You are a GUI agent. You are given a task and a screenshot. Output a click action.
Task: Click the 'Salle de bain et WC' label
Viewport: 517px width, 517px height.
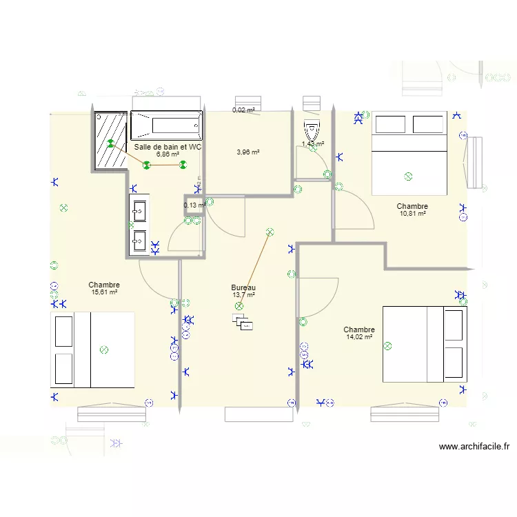(x=168, y=147)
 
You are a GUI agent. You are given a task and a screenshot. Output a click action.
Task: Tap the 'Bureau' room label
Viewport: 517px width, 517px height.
(x=243, y=287)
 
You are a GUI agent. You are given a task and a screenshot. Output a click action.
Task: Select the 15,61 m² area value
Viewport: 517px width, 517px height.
(x=104, y=292)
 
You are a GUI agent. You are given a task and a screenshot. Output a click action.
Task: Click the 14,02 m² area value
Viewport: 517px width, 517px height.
(x=358, y=337)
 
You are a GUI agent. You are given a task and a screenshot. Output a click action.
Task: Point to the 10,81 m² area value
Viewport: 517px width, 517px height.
(x=412, y=214)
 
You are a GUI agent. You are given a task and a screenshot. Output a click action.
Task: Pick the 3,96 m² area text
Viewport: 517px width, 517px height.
(x=247, y=152)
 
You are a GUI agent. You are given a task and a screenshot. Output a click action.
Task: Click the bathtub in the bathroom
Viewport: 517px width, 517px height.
(x=166, y=125)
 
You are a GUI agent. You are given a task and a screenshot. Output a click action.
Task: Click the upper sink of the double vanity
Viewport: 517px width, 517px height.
(x=139, y=210)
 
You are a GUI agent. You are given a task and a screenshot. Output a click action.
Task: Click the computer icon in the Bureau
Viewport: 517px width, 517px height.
(x=243, y=322)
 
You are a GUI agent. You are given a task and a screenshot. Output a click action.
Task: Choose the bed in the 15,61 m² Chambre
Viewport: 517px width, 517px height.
(x=92, y=350)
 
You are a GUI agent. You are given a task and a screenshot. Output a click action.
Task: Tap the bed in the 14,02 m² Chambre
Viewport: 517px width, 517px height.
(x=425, y=344)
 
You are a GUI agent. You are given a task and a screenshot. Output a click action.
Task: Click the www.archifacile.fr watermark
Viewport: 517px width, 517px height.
(x=474, y=447)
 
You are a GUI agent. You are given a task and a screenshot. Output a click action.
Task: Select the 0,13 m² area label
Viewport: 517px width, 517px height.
(x=194, y=205)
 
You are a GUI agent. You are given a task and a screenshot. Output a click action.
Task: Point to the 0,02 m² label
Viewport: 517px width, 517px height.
(x=243, y=110)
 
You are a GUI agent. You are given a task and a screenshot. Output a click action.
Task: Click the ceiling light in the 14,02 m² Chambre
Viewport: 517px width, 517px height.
(x=387, y=345)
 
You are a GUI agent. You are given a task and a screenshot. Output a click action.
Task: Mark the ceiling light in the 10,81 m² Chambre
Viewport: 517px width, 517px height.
(x=407, y=176)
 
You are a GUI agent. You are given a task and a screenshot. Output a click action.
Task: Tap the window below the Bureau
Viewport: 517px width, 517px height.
(x=258, y=414)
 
